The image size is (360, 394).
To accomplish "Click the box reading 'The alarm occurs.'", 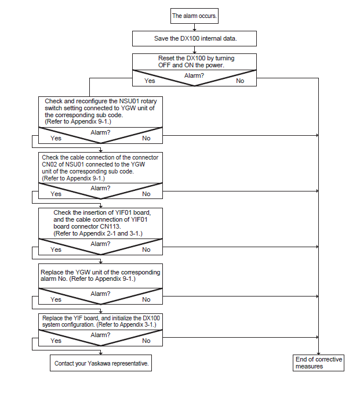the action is coord(194,16).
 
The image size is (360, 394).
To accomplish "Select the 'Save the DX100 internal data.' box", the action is coord(194,38).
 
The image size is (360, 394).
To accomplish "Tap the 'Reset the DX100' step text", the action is coord(196,62).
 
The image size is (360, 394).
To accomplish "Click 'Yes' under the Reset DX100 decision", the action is coord(150,81).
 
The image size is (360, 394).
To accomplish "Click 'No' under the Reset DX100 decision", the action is coord(240,81).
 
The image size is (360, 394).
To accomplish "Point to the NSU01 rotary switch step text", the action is coord(101,111).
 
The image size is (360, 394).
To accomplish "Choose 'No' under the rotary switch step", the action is coord(146,138).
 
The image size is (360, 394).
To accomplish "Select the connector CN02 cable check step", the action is coord(100,168).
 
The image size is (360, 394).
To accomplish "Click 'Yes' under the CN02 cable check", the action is coord(56,194).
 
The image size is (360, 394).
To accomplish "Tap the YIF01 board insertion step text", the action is coord(102,223).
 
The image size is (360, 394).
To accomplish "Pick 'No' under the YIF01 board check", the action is coord(146,250).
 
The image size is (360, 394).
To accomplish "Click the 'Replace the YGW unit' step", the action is coord(100,276).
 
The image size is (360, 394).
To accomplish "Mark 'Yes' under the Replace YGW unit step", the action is coord(56,299).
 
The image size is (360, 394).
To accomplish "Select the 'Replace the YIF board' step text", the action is coord(101,321).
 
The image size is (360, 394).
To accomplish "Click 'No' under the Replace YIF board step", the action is coord(146,341).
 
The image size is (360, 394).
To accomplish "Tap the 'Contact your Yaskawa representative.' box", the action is coord(101,363).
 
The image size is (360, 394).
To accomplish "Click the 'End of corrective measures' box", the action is coord(318,363).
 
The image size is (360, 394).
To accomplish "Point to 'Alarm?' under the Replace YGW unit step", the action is coord(100,294).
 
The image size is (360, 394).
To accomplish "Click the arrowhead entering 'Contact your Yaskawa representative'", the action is coord(101,353).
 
